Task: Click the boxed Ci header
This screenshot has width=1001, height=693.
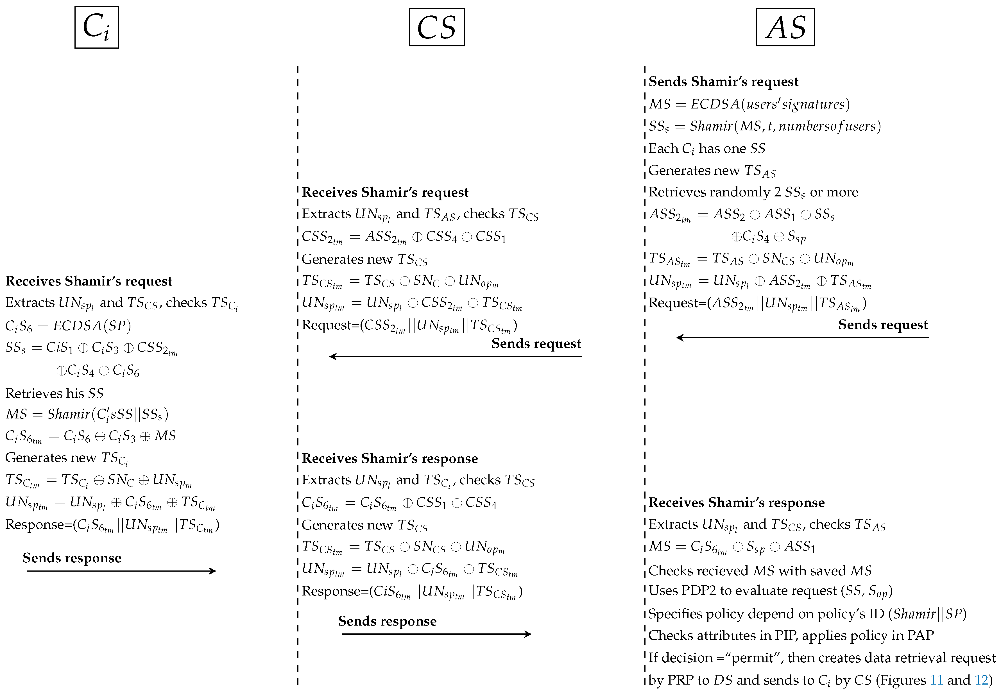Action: [96, 27]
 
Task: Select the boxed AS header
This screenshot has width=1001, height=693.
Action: [785, 27]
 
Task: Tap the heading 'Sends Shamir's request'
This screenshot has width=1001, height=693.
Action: [723, 81]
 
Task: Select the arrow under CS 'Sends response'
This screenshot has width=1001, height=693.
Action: [436, 634]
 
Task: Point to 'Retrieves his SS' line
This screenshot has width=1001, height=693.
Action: [54, 393]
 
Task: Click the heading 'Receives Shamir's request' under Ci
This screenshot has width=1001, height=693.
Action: [89, 281]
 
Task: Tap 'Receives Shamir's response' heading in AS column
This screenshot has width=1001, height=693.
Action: [736, 502]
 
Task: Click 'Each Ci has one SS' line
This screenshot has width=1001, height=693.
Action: [707, 148]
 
